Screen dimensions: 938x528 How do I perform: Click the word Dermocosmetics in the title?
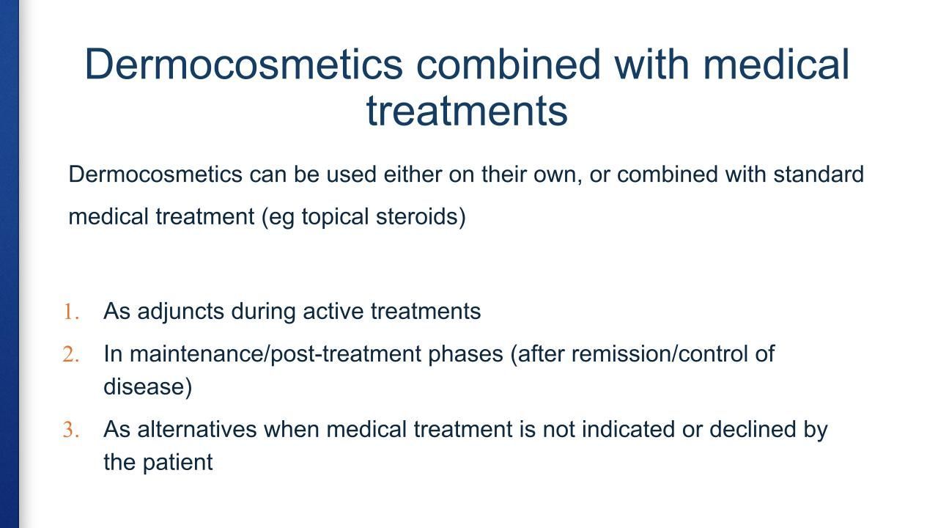coord(244,64)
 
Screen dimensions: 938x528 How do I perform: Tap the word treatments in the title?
coord(467,111)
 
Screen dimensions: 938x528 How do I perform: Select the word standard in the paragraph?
coord(819,174)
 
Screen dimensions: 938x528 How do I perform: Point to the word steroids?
coord(421,216)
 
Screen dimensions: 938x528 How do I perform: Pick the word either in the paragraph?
coord(413,174)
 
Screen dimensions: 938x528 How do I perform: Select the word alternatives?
coord(197,430)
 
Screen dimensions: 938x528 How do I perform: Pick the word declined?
coord(753,430)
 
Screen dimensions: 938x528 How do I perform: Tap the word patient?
coord(177,463)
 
